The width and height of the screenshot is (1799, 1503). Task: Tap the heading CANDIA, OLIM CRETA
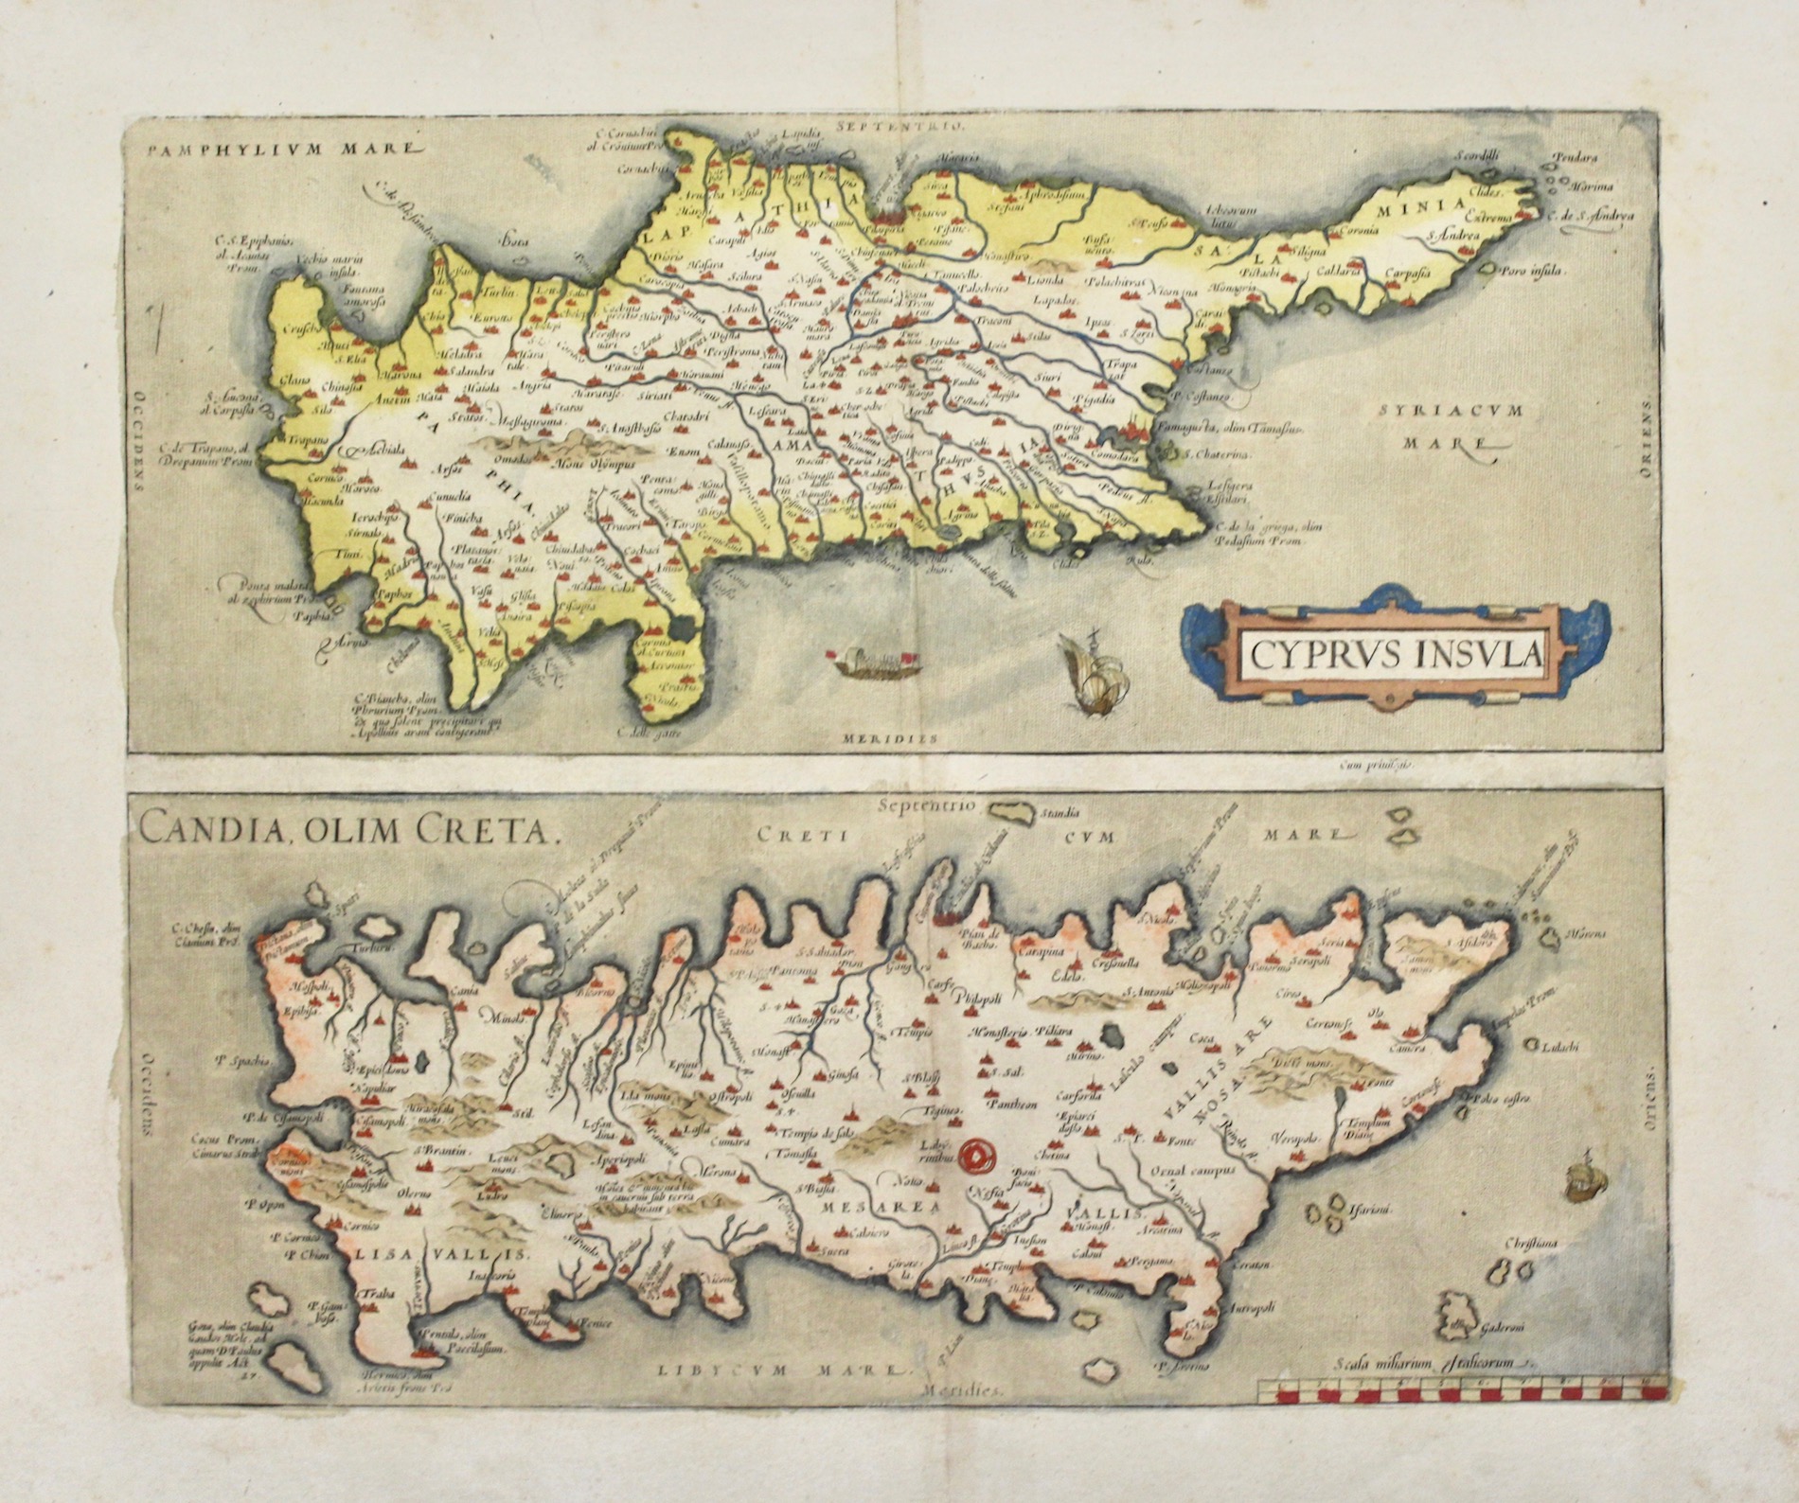[346, 832]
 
